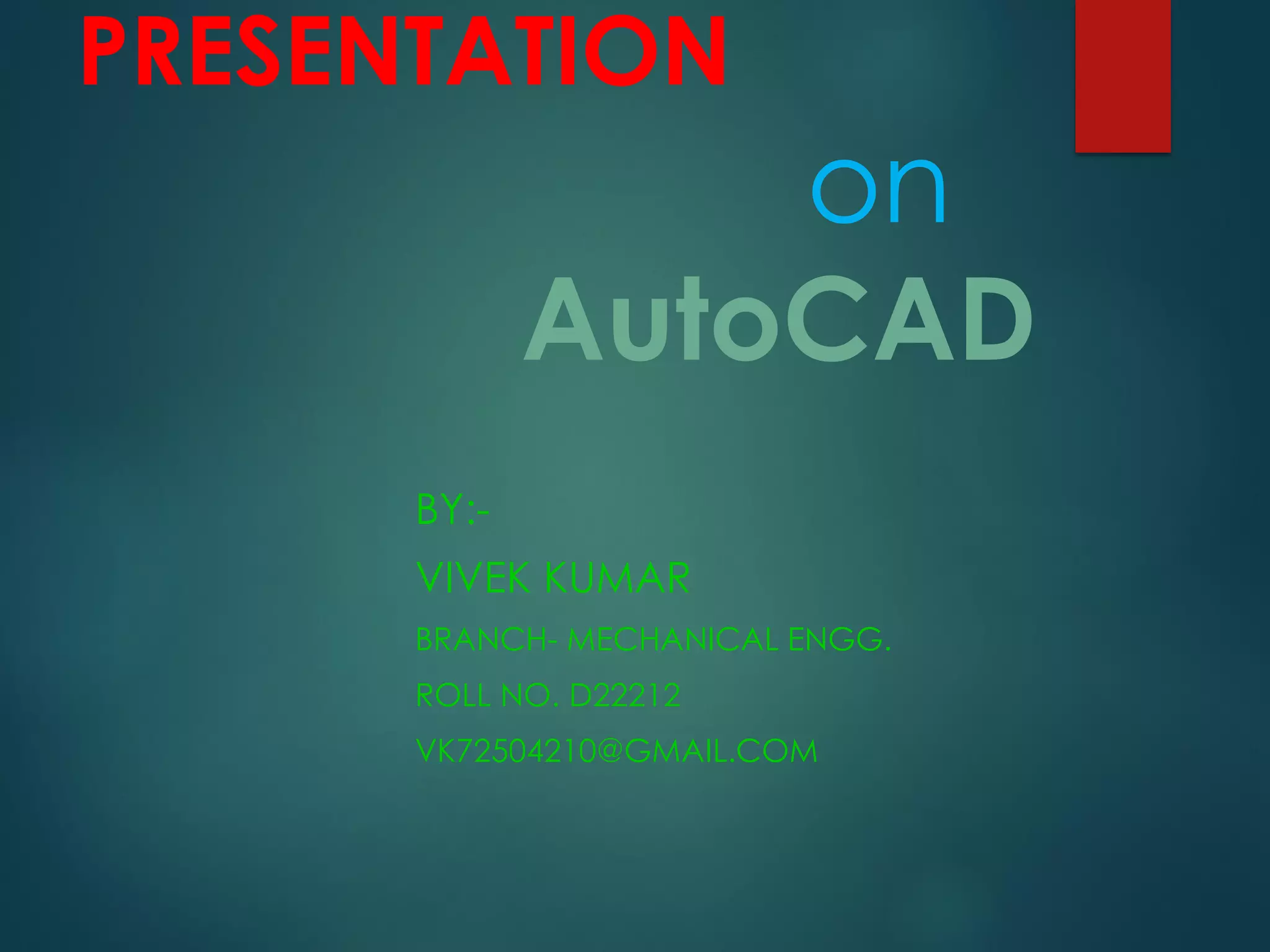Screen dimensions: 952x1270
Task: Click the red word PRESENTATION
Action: pos(403,51)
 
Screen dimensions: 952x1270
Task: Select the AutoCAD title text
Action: pos(778,319)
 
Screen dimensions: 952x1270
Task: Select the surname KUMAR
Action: pos(618,578)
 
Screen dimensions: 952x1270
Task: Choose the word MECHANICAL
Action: pos(673,639)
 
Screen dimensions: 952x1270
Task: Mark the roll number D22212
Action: pos(625,695)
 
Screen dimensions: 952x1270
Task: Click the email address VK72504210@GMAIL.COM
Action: pos(616,751)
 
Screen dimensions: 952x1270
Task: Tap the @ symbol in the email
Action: pos(610,751)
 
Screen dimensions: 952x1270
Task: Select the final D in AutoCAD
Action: pos(995,319)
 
